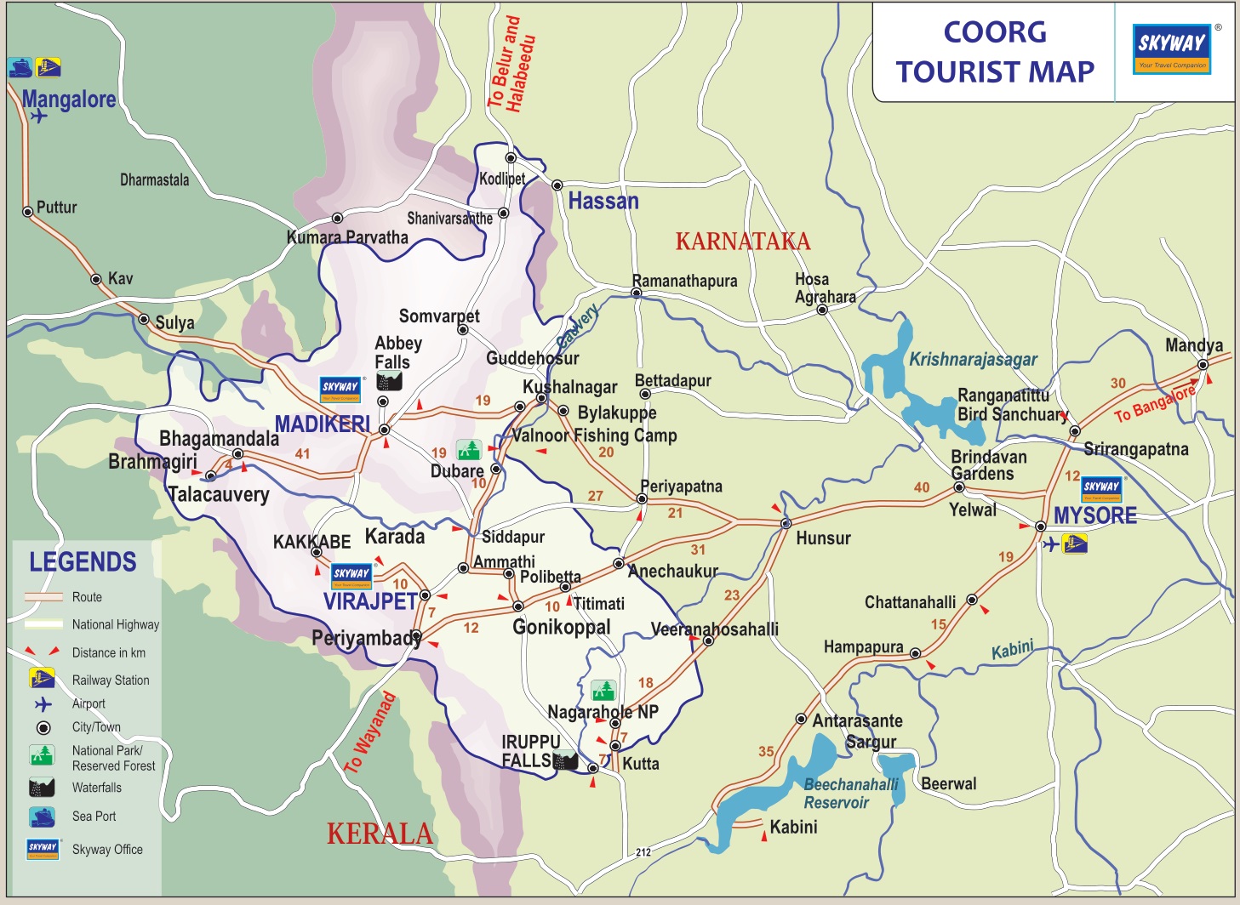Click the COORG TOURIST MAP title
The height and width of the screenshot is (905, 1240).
(994, 52)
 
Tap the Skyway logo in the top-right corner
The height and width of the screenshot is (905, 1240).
(1172, 49)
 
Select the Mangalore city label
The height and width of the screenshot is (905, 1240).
(69, 100)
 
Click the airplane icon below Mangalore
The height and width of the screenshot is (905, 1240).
(38, 117)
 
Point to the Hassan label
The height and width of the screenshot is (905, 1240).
(603, 202)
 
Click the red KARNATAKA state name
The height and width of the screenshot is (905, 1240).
(742, 242)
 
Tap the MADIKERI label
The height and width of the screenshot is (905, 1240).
(322, 424)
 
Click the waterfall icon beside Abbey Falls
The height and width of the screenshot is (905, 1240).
(389, 381)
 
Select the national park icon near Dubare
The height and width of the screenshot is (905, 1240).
(469, 449)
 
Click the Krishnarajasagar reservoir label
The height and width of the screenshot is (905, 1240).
(973, 360)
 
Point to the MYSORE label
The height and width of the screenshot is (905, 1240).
(1094, 515)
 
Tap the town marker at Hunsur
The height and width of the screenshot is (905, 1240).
(786, 523)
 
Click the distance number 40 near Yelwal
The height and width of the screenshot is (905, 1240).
(922, 487)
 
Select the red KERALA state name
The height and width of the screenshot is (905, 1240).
(380, 834)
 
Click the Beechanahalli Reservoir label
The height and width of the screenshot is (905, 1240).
(849, 794)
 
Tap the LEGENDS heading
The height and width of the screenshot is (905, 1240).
(83, 562)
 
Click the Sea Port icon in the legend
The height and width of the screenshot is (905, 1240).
(42, 817)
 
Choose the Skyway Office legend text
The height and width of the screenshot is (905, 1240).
(107, 850)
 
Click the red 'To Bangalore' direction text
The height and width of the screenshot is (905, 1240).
(1155, 403)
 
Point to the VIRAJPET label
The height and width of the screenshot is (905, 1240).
(370, 601)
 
